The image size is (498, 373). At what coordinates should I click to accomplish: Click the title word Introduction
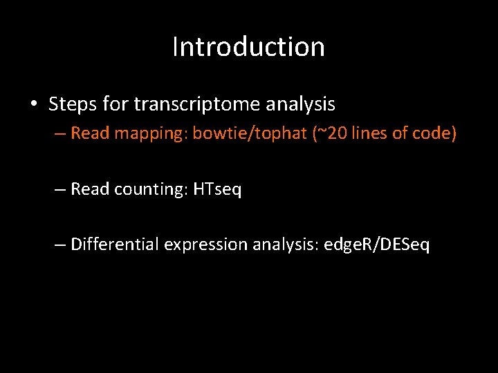coord(248,47)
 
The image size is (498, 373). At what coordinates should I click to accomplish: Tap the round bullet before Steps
coord(33,105)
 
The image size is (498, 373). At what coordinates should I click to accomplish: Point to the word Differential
coord(115,245)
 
